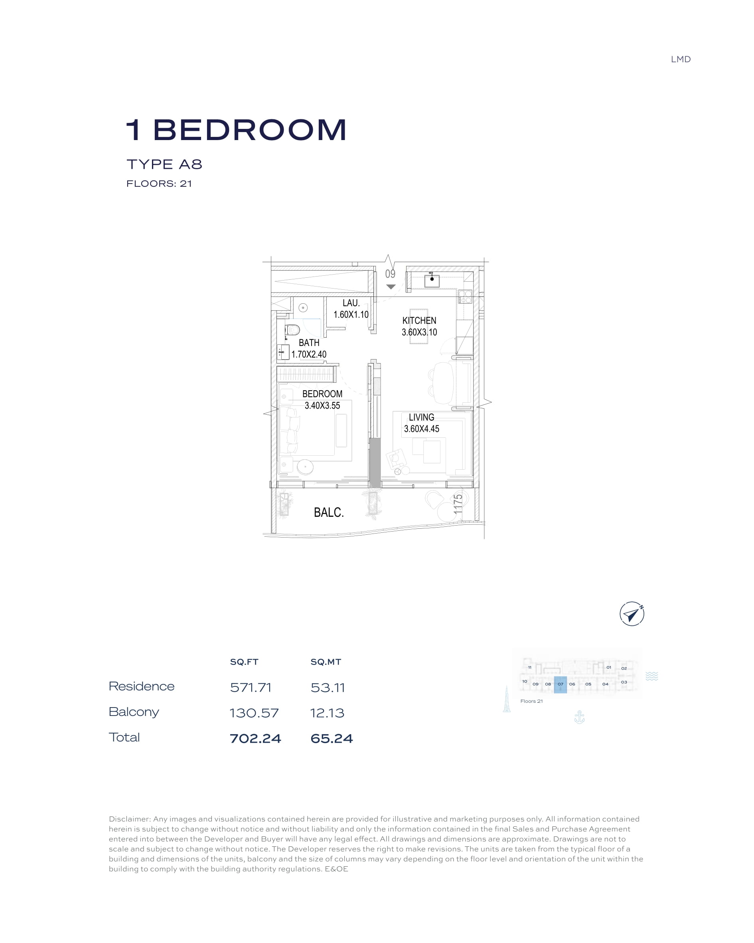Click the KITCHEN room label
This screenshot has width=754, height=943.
click(x=419, y=320)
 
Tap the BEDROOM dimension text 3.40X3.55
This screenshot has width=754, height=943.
click(x=322, y=405)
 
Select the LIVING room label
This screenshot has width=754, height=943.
click(x=422, y=417)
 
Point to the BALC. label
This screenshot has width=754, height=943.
click(x=329, y=512)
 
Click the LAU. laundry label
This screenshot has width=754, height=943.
click(x=351, y=302)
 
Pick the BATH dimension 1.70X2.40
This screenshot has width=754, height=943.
click(x=309, y=354)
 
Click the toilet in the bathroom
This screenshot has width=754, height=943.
click(x=292, y=330)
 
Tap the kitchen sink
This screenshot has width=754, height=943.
click(x=432, y=280)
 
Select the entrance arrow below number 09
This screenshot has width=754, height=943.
click(x=391, y=287)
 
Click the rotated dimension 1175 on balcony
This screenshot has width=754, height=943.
click(x=458, y=504)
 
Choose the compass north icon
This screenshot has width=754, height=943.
click(x=632, y=614)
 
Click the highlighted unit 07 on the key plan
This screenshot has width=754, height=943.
click(x=560, y=684)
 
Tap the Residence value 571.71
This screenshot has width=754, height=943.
click(x=251, y=688)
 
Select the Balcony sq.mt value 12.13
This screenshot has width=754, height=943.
click(x=327, y=713)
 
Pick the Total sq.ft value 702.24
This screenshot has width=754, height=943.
click(x=255, y=738)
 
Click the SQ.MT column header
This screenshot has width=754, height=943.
click(x=326, y=662)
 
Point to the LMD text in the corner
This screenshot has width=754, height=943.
click(x=681, y=59)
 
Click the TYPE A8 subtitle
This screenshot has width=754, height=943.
click(x=164, y=164)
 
